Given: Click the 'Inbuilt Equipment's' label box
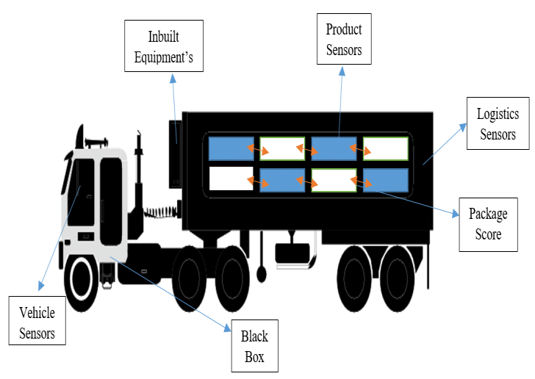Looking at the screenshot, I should click(163, 47).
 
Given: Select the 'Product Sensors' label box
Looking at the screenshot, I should click(345, 40).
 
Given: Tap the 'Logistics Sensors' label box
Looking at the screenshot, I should click(498, 124).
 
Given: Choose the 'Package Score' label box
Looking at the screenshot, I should click(488, 225).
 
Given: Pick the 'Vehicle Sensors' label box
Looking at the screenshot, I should click(37, 320).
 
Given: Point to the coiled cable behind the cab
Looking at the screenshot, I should click(158, 212).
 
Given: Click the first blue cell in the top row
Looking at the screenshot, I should click(231, 148).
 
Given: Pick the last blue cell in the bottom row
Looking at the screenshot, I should click(385, 180).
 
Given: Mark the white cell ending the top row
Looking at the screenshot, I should click(385, 148).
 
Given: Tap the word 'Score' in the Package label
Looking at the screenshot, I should click(488, 234).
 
